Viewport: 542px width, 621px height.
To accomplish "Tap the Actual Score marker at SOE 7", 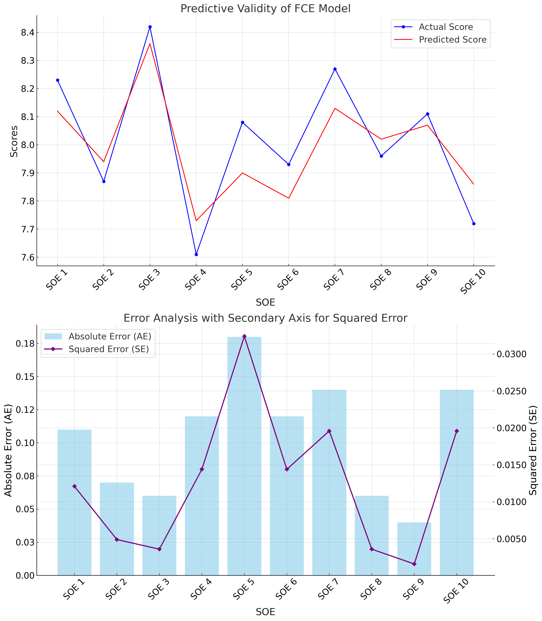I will pos(335,69).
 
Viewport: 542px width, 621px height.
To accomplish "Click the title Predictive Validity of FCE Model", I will pos(265,8).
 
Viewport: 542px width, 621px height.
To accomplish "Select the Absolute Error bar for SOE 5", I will pos(244,454).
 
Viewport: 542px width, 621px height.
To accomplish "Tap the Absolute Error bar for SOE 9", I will pos(414,548).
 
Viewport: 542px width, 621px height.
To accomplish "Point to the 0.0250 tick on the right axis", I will pos(511,391).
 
